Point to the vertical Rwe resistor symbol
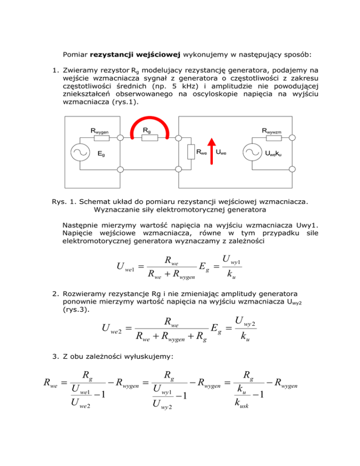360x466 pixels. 191,152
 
